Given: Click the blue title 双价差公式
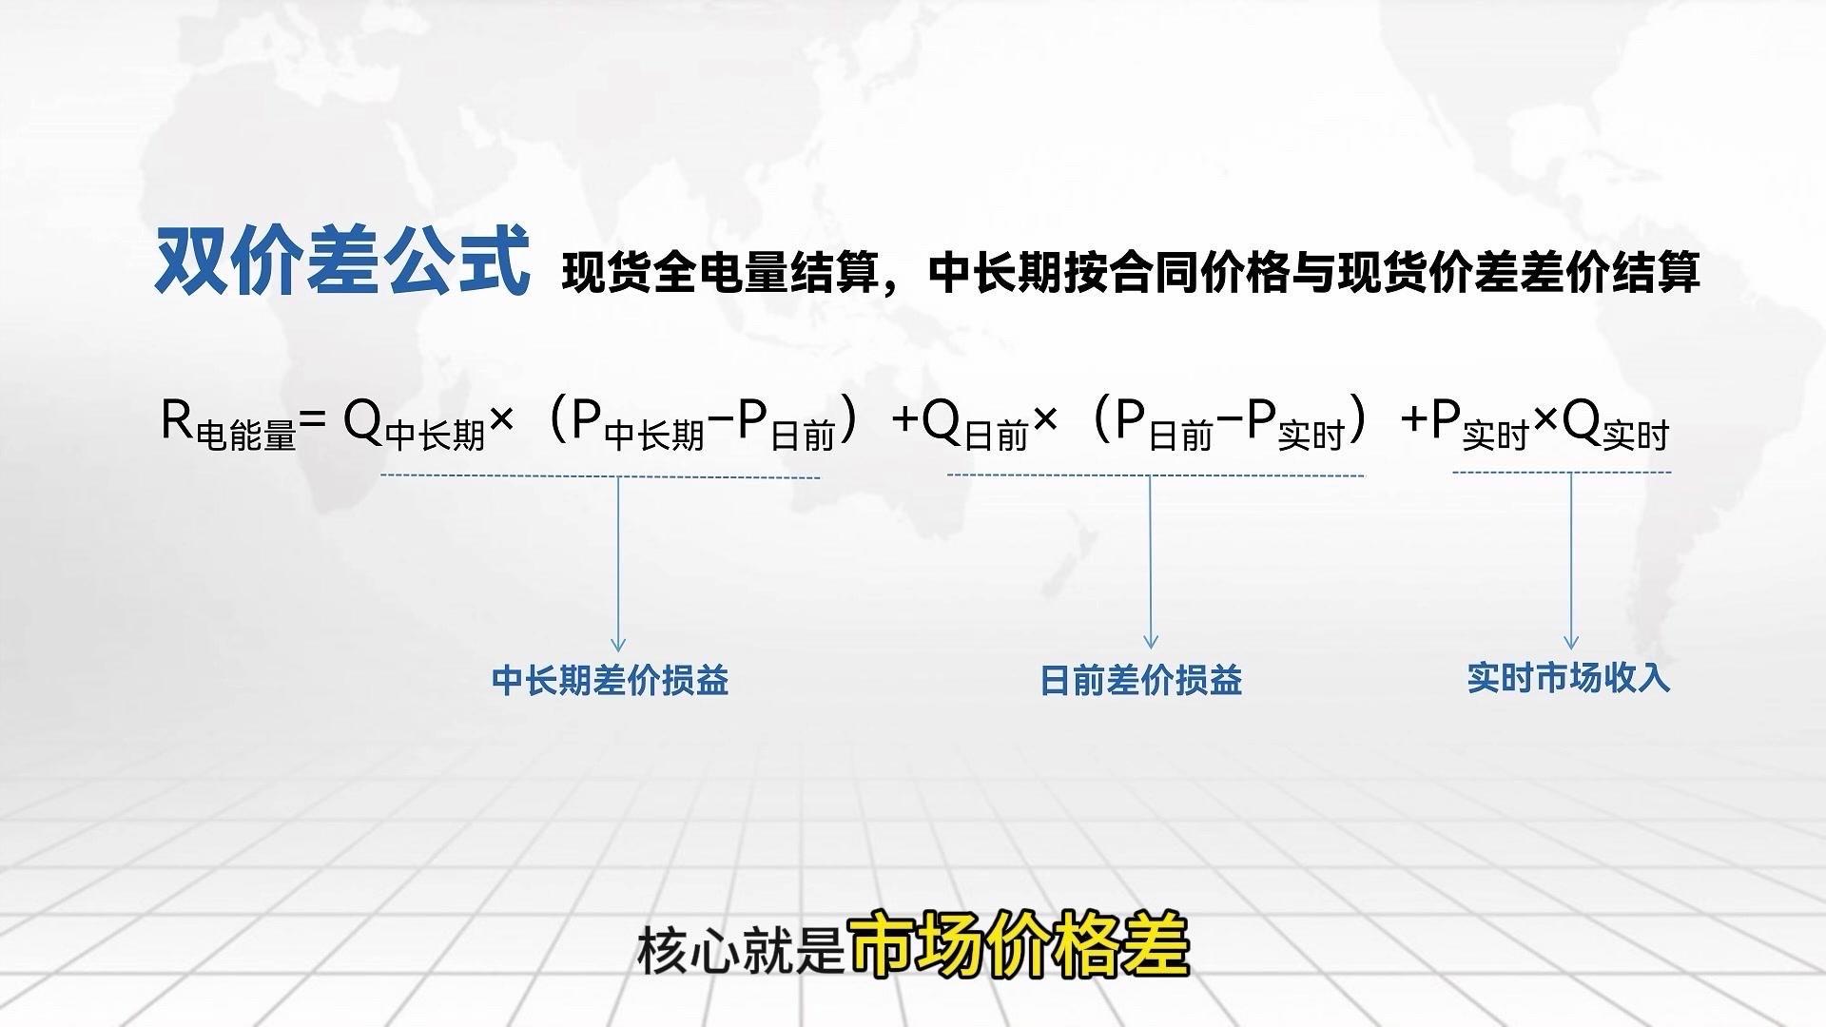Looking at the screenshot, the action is (342, 260).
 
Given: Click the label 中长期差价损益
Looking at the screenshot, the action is (610, 681).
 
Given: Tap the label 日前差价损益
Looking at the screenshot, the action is (1141, 681).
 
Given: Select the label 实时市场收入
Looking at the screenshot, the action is (1568, 678).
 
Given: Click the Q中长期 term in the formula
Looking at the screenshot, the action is (414, 423).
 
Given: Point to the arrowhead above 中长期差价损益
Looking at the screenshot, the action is (618, 644).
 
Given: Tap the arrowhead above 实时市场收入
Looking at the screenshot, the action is (1571, 642).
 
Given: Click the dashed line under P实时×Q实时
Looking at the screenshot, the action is (1562, 472).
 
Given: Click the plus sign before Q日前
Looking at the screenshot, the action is (906, 419).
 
